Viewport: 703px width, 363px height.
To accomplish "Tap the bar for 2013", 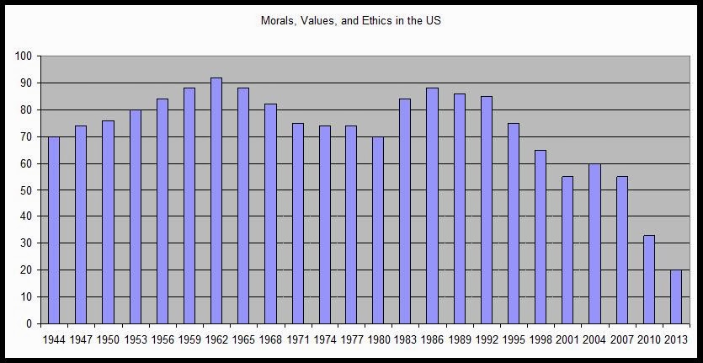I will click(x=675, y=296).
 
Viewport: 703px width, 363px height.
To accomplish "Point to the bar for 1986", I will click(x=433, y=206).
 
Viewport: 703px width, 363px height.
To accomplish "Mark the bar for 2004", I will click(x=594, y=243).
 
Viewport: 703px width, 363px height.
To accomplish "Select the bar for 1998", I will click(x=541, y=237).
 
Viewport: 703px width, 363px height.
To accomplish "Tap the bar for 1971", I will click(x=297, y=223).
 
